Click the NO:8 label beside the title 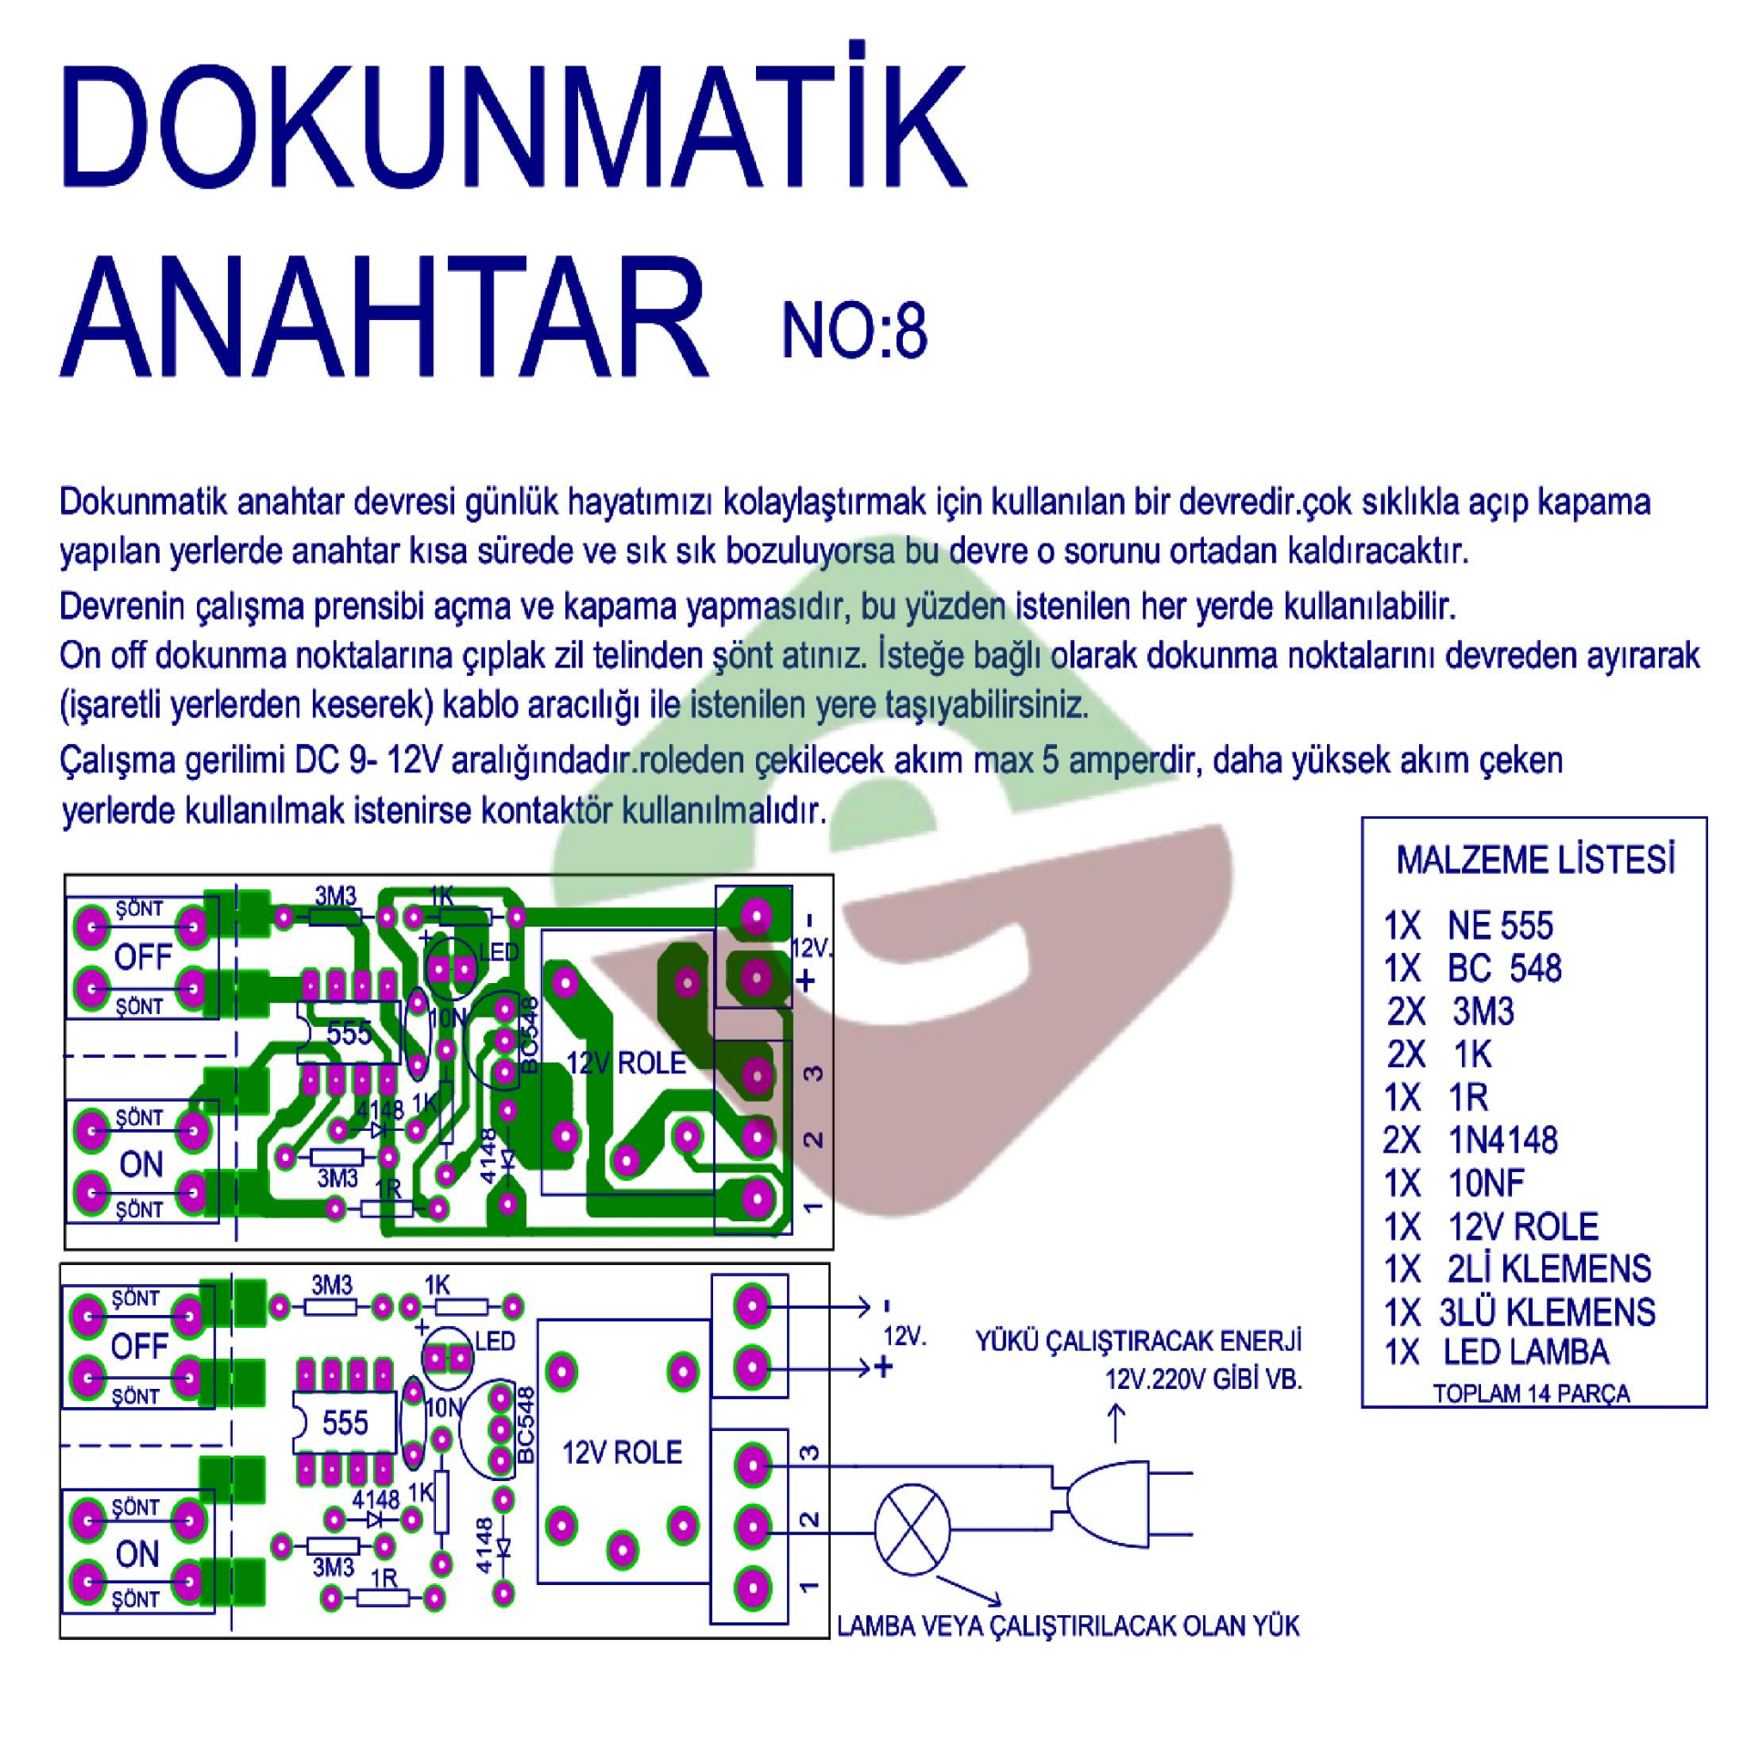[855, 333]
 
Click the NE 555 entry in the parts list [1499, 927]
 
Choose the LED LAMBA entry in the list [1526, 1352]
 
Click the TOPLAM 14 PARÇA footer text [1531, 1394]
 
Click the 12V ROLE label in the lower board [622, 1453]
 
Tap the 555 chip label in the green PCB [347, 1034]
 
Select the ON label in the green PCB [141, 1165]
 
